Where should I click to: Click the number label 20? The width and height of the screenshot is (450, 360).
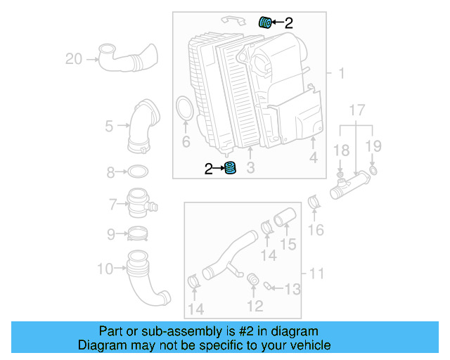tap(74, 59)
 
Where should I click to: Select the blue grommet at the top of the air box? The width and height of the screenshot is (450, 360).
tap(266, 22)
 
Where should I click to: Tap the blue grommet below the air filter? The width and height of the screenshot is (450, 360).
tap(230, 169)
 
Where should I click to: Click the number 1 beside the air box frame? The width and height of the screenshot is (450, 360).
tap(341, 74)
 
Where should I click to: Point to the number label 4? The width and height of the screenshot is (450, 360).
tap(313, 158)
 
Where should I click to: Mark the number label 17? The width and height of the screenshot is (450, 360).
tap(357, 110)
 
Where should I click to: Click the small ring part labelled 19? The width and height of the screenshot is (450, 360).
tap(372, 170)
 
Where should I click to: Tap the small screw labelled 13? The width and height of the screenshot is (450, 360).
tap(269, 285)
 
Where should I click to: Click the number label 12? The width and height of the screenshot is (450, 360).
tap(255, 305)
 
